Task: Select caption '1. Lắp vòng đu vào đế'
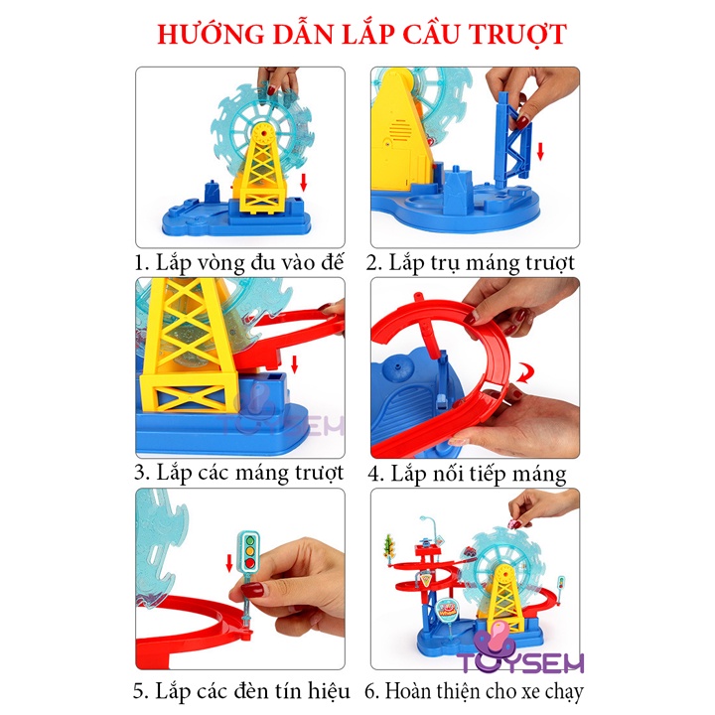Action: [239, 262]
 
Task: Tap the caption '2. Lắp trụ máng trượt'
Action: [470, 262]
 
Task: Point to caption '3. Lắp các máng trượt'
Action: [239, 471]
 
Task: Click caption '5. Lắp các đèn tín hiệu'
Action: [239, 689]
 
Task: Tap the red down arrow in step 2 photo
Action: [540, 152]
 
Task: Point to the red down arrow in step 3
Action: [293, 353]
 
